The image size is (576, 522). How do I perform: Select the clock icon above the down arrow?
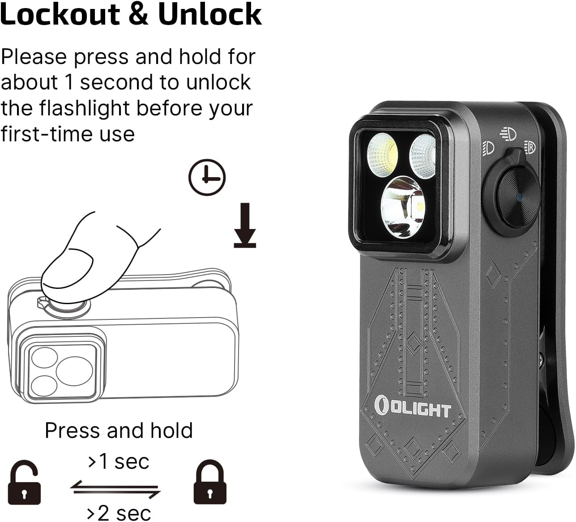[x=207, y=177]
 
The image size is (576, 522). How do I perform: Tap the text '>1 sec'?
[x=118, y=461]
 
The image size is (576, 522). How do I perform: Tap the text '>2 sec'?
[x=118, y=512]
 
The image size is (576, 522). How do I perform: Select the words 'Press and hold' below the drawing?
[x=119, y=430]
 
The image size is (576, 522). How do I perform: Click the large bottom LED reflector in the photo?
[x=403, y=207]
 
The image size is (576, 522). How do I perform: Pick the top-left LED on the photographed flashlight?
[x=383, y=154]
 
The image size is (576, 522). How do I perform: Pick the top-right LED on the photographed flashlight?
[x=422, y=156]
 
